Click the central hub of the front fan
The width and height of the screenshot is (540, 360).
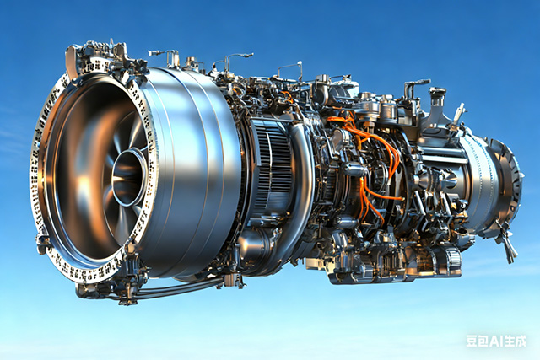point(129,178)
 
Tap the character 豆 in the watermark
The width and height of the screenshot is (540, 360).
point(472,341)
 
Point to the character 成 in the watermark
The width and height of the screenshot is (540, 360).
point(521,341)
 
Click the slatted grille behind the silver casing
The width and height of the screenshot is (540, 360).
point(272,164)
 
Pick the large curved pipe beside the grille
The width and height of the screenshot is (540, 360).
point(300,179)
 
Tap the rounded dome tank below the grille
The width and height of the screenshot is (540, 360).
point(254,244)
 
